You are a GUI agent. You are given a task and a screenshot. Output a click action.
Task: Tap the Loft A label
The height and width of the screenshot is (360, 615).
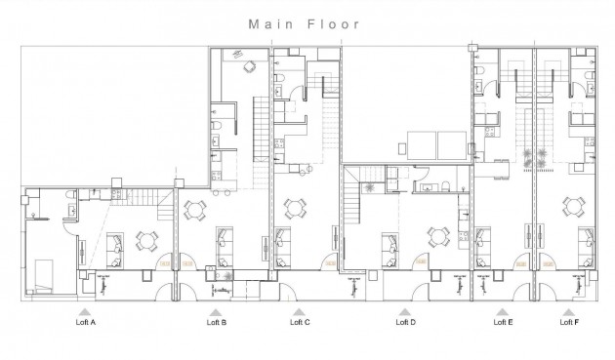coord(86,321)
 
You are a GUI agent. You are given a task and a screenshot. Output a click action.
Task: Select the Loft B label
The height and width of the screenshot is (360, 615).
coord(217,321)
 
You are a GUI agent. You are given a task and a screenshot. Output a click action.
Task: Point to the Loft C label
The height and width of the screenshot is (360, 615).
coord(301,321)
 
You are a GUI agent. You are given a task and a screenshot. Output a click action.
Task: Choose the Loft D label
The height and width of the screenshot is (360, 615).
coord(405,321)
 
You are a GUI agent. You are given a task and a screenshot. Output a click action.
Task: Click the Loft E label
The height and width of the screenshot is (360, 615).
coord(502,321)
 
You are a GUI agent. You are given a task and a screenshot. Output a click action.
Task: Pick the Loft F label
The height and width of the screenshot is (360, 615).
coord(569,321)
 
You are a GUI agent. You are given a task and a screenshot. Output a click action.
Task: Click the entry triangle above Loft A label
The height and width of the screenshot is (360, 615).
coord(86,310)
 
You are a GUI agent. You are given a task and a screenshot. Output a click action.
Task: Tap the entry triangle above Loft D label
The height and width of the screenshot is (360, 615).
coord(403,310)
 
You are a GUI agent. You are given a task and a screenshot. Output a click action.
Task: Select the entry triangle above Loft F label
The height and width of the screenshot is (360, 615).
coord(569,310)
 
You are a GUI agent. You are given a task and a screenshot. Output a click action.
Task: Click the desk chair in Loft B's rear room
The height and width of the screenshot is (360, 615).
coord(248,66)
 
